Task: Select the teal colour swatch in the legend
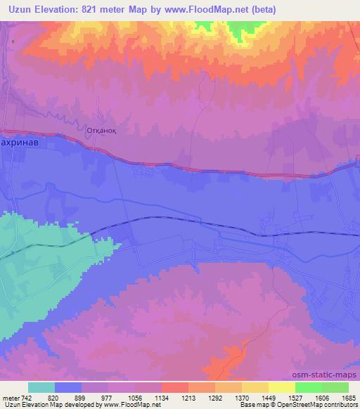[42, 387]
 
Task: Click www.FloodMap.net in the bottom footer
[127, 405]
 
